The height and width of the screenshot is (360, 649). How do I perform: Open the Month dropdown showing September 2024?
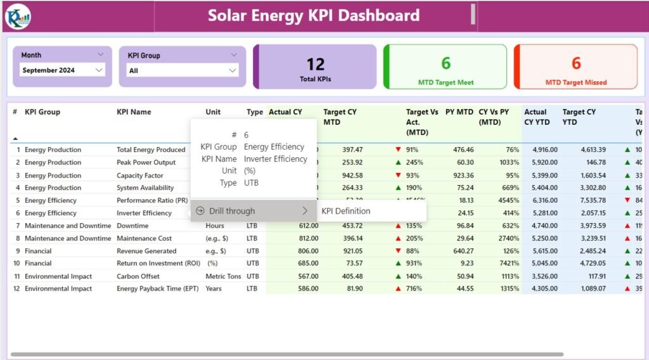click(62, 70)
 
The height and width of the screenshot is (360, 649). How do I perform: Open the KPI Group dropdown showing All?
click(183, 70)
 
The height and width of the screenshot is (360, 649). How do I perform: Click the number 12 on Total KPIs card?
click(316, 64)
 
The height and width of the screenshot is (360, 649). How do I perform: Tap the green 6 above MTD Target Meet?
click(446, 63)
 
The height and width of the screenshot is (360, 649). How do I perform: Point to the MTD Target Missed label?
click(575, 82)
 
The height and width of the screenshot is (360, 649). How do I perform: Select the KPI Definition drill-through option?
click(345, 211)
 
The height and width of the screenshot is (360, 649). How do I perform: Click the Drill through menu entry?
click(232, 211)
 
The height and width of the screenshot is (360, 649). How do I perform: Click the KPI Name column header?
click(134, 112)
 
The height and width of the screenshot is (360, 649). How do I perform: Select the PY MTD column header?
click(459, 112)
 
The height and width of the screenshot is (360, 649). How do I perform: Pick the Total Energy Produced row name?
click(151, 150)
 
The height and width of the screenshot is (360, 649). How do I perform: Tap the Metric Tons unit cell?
click(223, 276)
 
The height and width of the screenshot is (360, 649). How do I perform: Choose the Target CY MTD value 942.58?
click(352, 176)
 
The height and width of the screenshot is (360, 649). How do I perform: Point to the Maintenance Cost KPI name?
click(145, 238)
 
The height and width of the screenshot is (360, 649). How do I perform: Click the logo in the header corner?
click(17, 16)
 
